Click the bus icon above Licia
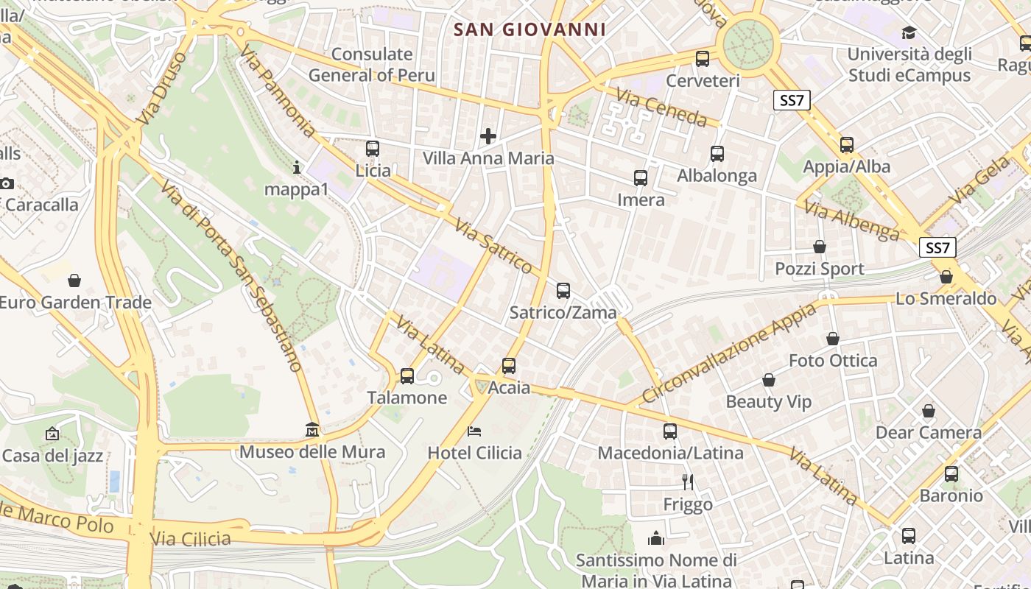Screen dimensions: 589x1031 pyautogui.click(x=373, y=149)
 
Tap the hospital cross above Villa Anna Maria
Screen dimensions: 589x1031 pyautogui.click(x=488, y=136)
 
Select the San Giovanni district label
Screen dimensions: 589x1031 pyautogui.click(x=529, y=29)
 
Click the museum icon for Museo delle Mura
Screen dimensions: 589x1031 pyautogui.click(x=312, y=429)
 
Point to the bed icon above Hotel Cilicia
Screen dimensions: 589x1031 pyautogui.click(x=475, y=431)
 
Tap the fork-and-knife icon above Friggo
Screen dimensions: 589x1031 pyautogui.click(x=688, y=482)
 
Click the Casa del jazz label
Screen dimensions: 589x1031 pyautogui.click(x=52, y=456)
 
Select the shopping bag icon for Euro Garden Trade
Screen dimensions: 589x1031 pyautogui.click(x=74, y=281)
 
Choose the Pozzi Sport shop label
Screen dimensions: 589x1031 pyautogui.click(x=819, y=269)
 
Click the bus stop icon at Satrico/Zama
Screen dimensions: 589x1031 pyautogui.click(x=563, y=291)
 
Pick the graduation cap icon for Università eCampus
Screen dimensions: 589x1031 pyautogui.click(x=909, y=33)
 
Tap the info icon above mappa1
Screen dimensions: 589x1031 pyautogui.click(x=297, y=168)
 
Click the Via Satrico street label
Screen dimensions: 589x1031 pyautogui.click(x=493, y=246)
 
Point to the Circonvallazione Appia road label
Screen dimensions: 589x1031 pyautogui.click(x=729, y=353)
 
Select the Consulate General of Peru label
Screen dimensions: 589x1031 pyautogui.click(x=372, y=65)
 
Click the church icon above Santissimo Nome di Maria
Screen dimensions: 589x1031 pyautogui.click(x=656, y=538)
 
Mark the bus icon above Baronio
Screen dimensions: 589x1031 pyautogui.click(x=951, y=474)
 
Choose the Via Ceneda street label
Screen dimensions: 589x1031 pyautogui.click(x=661, y=107)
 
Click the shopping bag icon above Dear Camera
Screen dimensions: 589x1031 pyautogui.click(x=929, y=411)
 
